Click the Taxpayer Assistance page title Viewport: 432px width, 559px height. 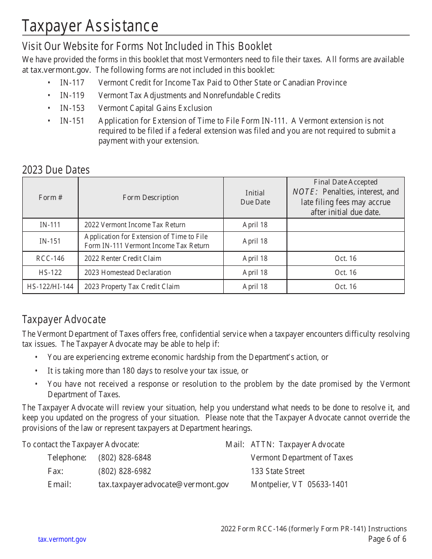click(x=90, y=26)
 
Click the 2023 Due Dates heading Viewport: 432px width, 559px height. click(x=56, y=170)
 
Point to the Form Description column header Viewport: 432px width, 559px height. click(x=151, y=198)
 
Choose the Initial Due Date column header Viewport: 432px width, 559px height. click(x=255, y=198)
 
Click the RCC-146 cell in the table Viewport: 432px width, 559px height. click(x=50, y=259)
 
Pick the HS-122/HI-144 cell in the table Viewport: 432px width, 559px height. click(x=50, y=287)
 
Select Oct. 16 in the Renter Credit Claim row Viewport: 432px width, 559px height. click(x=346, y=259)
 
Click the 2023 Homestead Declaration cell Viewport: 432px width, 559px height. click(x=128, y=273)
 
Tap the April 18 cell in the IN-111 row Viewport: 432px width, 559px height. click(x=255, y=225)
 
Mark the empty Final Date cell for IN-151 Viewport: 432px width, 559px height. click(x=346, y=241)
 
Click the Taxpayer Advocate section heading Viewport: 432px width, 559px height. click(x=64, y=319)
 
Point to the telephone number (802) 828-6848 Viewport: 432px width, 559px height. click(x=125, y=458)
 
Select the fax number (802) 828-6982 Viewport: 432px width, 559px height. click(x=125, y=471)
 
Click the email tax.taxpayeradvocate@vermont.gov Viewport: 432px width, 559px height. click(x=164, y=484)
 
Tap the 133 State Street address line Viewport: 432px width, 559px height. click(x=278, y=471)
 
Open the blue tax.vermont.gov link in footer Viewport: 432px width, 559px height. click(x=62, y=539)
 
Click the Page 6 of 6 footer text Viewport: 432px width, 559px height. click(x=387, y=539)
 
